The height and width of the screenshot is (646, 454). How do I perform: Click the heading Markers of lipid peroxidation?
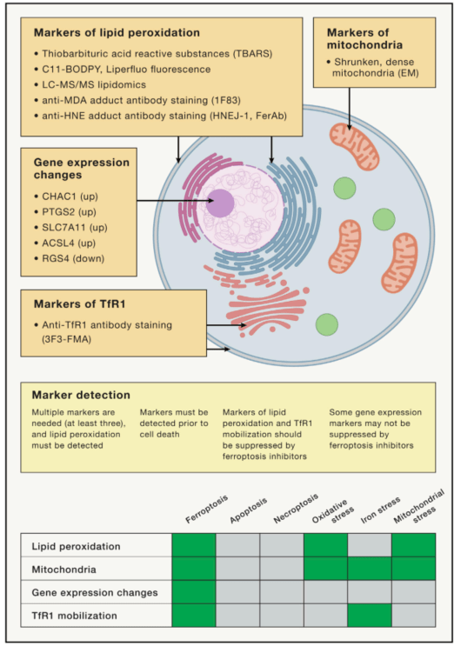pos(117,32)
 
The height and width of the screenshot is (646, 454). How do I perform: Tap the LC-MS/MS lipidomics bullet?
pos(90,84)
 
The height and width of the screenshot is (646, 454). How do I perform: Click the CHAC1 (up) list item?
pos(67,196)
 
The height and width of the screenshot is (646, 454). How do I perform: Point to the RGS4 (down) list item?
pos(70,258)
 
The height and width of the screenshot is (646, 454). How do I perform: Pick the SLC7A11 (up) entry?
pos(71,227)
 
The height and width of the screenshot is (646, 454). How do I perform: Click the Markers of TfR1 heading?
pos(79,304)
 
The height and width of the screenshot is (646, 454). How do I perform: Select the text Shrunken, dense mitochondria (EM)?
pos(372,68)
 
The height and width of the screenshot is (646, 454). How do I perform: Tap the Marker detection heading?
pos(81,395)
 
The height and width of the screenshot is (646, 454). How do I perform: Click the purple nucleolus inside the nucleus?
pos(220,203)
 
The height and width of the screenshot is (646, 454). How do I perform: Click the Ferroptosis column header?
pos(206,509)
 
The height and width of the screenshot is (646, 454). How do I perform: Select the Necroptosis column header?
pos(296,509)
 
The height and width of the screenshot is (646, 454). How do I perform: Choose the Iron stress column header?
pos(380,510)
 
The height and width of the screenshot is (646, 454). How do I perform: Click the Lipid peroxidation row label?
pos(77,546)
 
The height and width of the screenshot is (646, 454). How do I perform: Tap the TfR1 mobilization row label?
pos(75,616)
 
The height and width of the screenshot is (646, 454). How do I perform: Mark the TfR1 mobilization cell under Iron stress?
pos(370,615)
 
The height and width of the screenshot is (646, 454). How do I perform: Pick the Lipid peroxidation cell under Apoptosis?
pos(237,545)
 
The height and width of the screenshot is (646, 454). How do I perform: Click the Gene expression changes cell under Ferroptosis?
pos(194,592)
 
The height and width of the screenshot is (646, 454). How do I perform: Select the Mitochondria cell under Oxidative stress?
pos(326,569)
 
